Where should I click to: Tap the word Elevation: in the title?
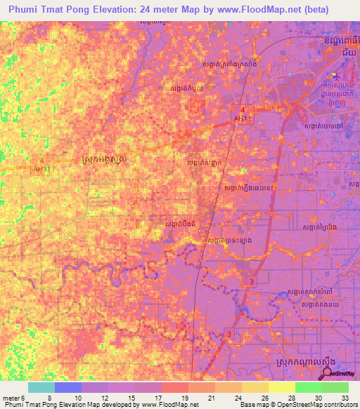pos(123,8)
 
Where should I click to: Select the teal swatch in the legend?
pos(41,387)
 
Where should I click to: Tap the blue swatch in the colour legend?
pos(68,387)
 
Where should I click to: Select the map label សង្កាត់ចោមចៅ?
pos(323,125)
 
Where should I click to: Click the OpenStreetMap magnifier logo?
pos(328,372)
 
